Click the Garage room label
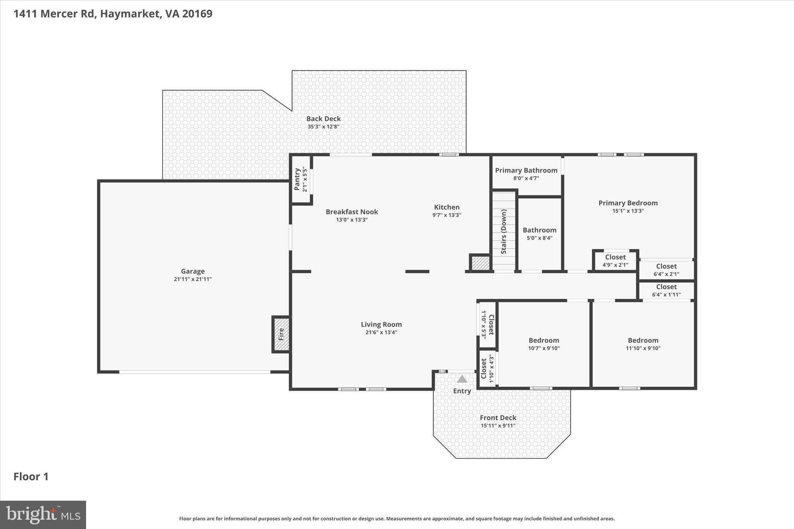193,271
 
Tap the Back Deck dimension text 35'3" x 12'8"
323,127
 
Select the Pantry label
297,179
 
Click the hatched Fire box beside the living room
281,334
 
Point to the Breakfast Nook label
352,212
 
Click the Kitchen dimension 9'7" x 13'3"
447,215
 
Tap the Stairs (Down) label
504,232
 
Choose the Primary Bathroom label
526,170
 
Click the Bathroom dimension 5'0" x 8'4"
539,238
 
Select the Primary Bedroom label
628,203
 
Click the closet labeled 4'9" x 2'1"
615,261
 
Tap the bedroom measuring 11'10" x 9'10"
643,344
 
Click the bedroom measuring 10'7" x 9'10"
544,344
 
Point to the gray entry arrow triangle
462,379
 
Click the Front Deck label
498,417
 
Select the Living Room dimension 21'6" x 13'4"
381,333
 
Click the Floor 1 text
31,476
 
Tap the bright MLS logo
43,515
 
